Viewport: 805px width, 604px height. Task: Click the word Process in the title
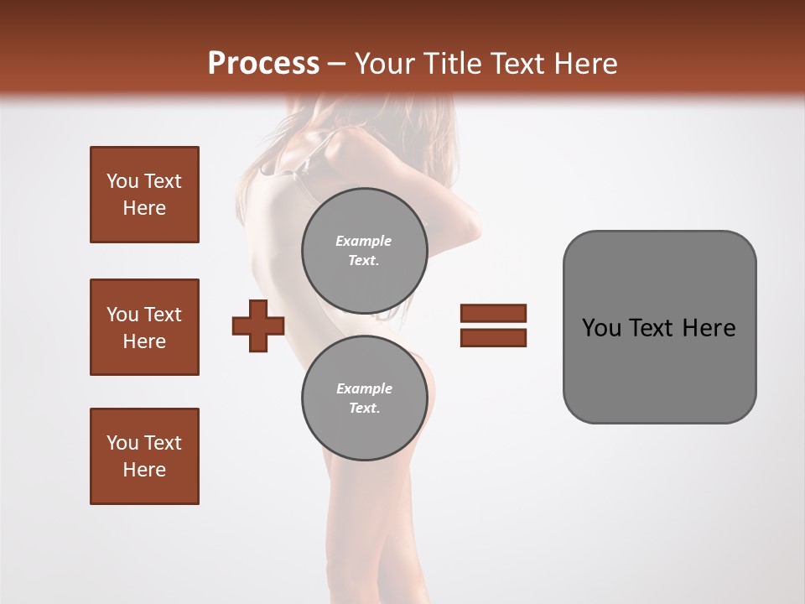[x=263, y=64]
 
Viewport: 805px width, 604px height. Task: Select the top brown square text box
[x=144, y=195]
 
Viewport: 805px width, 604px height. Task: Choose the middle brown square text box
[x=144, y=327]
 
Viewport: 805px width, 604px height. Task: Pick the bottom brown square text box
[x=144, y=456]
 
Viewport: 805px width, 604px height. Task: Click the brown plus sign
[x=258, y=325]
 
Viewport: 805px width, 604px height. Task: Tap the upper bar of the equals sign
[x=493, y=314]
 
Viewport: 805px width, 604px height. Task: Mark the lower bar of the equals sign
[x=493, y=338]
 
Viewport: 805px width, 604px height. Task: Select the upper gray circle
[x=364, y=251]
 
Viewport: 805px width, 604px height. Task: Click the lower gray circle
[x=364, y=398]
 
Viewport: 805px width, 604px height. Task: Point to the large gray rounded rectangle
[x=659, y=327]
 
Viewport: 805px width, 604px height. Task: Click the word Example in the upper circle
[x=364, y=241]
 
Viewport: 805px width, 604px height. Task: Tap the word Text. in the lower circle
[x=364, y=409]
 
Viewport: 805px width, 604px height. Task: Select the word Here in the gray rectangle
[x=709, y=328]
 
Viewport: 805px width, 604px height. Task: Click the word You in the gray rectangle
[x=602, y=328]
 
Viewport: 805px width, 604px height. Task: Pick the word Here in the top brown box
[x=144, y=208]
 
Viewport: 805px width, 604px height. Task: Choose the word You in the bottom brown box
[x=122, y=443]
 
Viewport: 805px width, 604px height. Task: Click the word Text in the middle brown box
[x=163, y=315]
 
